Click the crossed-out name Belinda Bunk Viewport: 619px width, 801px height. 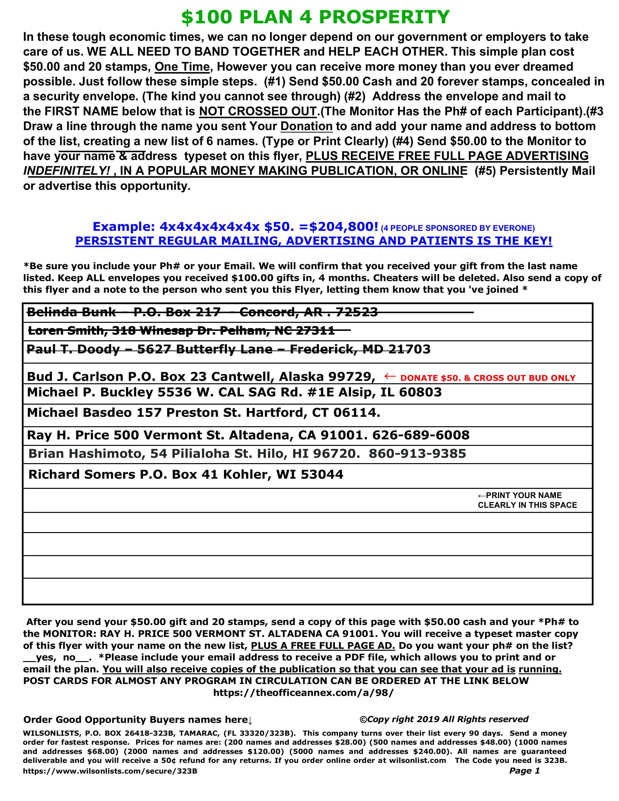tap(72, 312)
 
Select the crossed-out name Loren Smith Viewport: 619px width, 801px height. tap(66, 331)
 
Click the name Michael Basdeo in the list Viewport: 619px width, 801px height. tap(79, 413)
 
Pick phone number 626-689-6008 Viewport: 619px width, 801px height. tap(421, 435)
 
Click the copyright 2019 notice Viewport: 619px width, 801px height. tap(444, 719)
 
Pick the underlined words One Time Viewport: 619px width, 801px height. tap(182, 67)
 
